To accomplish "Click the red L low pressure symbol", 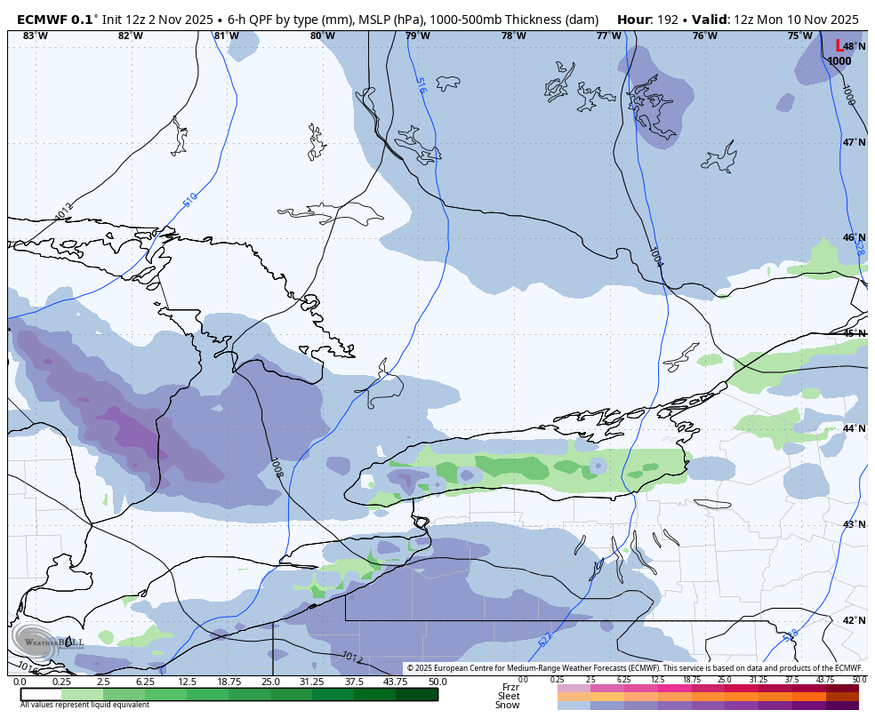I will pyautogui.click(x=839, y=46).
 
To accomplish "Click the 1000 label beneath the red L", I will pyautogui.click(x=839, y=61).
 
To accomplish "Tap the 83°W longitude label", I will pyautogui.click(x=35, y=36).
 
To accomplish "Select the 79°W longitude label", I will pyautogui.click(x=417, y=36).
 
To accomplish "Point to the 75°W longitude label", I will pyautogui.click(x=799, y=36).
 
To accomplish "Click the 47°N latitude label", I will pyautogui.click(x=854, y=142).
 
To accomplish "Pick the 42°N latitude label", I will pyautogui.click(x=854, y=620).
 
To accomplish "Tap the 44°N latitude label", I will pyautogui.click(x=854, y=428).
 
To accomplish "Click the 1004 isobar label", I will pyautogui.click(x=656, y=258).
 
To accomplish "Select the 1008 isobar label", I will pyautogui.click(x=277, y=468).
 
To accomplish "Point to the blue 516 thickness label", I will pyautogui.click(x=421, y=85).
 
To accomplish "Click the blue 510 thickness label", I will pyautogui.click(x=190, y=200).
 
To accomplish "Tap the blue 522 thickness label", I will pyautogui.click(x=545, y=638).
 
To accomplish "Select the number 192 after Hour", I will pyautogui.click(x=670, y=19).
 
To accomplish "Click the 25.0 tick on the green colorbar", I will pyautogui.click(x=270, y=682).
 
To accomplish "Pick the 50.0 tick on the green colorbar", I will pyautogui.click(x=437, y=682).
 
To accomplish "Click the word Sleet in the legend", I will pyautogui.click(x=509, y=696).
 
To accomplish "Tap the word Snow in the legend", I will pyautogui.click(x=508, y=705).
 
